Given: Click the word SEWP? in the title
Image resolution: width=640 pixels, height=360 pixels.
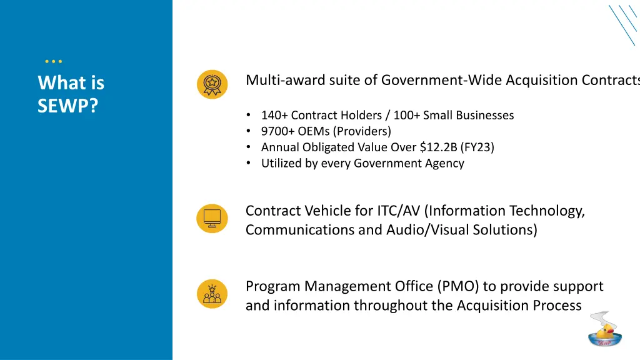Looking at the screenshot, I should [67, 106].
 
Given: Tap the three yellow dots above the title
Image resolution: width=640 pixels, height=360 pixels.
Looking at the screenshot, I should [54, 61].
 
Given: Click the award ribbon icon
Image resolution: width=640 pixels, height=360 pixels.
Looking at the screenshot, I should [212, 84].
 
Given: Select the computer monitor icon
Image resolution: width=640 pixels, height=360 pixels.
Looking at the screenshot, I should [212, 218].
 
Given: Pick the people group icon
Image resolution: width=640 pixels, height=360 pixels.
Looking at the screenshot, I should [212, 294].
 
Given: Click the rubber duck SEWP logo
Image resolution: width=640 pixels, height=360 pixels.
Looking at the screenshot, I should [604, 330].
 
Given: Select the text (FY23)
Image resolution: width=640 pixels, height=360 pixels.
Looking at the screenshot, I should [478, 147].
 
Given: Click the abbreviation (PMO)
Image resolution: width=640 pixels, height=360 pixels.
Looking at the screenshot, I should [459, 286].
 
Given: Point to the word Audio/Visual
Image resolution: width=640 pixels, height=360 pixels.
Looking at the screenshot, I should [428, 229].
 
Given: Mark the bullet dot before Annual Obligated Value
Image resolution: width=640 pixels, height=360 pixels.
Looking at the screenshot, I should [249, 147].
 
